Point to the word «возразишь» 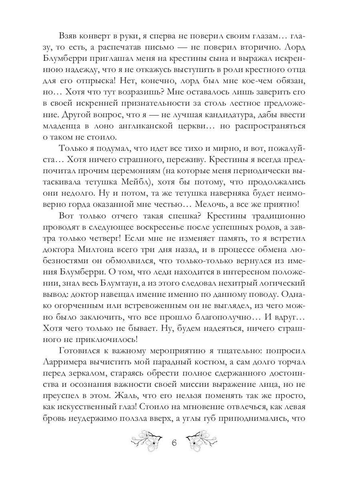[143, 92]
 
